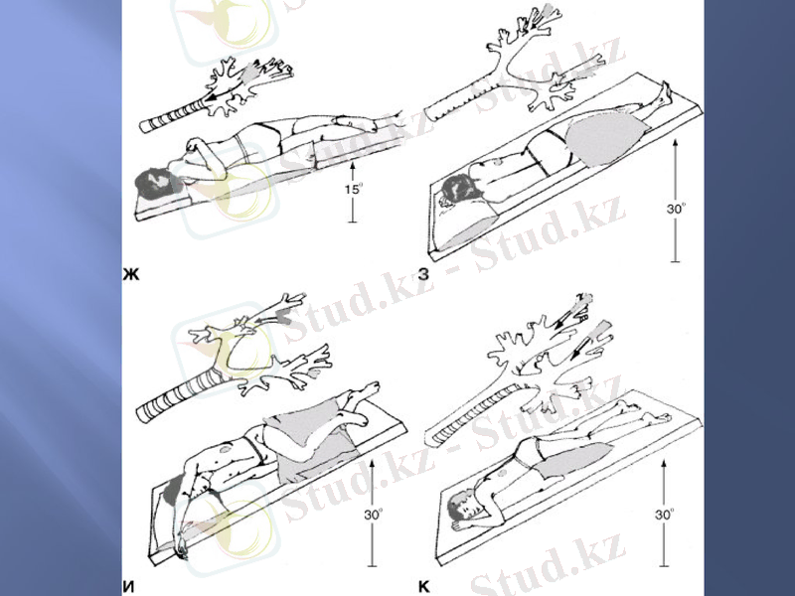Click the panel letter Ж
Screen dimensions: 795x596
pyautogui.click(x=131, y=274)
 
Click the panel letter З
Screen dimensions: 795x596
pyautogui.click(x=423, y=274)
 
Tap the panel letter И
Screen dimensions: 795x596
pyautogui.click(x=129, y=587)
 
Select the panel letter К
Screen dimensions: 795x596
pyautogui.click(x=424, y=587)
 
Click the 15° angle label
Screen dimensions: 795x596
pyautogui.click(x=354, y=190)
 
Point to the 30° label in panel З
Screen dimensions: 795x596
pyautogui.click(x=676, y=209)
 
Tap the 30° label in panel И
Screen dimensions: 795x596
pyautogui.click(x=374, y=515)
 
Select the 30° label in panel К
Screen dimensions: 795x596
pyautogui.click(x=664, y=515)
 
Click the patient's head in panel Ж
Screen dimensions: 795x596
pyautogui.click(x=155, y=184)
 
